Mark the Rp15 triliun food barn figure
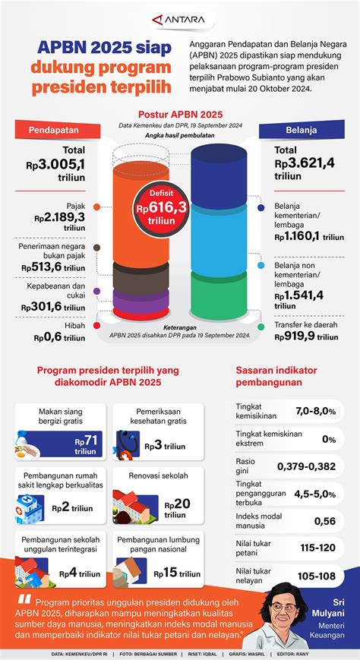click(x=181, y=572)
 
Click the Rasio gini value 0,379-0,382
click(x=306, y=466)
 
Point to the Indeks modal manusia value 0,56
click(x=324, y=520)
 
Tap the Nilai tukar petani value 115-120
click(x=318, y=548)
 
